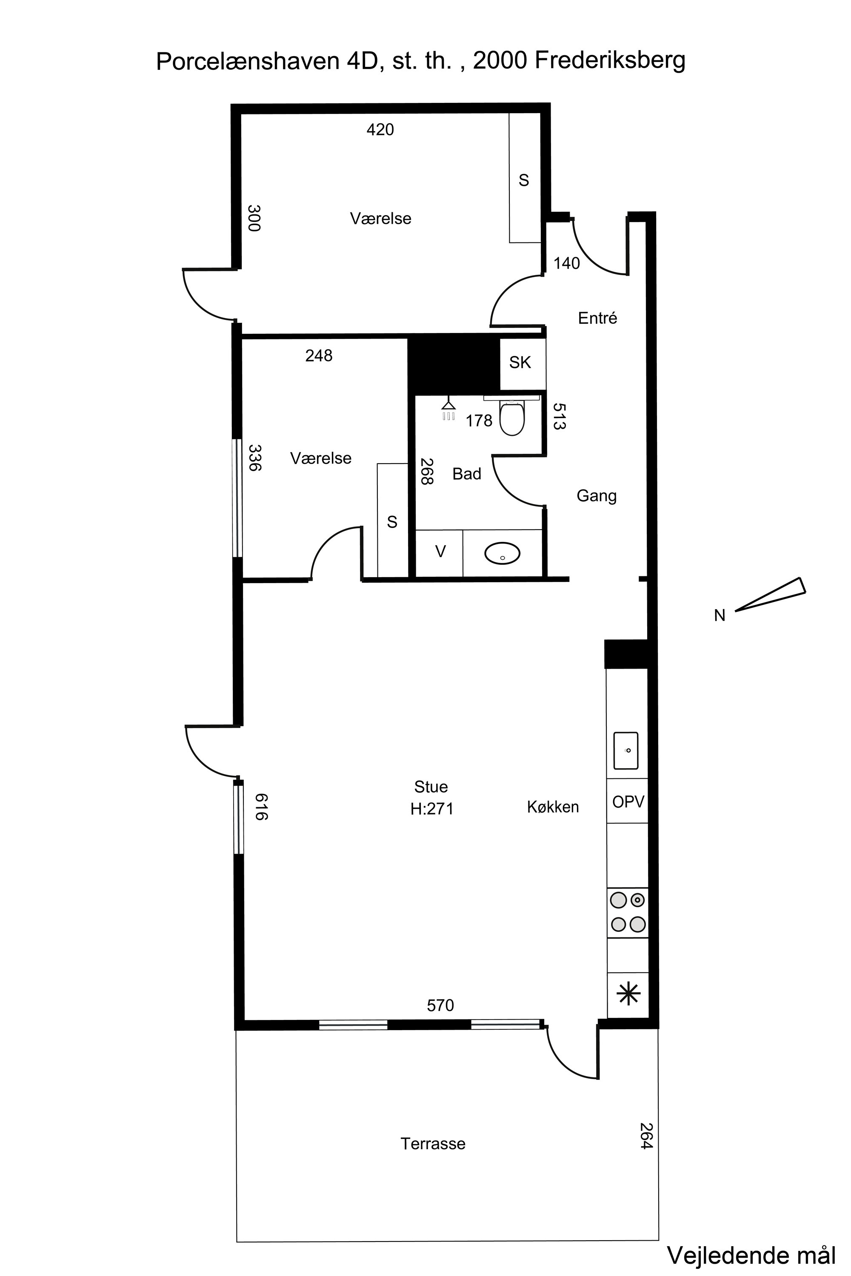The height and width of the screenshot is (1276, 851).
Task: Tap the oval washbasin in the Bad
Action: click(502, 553)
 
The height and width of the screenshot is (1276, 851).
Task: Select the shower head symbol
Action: click(448, 410)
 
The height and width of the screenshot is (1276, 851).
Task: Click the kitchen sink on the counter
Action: click(626, 751)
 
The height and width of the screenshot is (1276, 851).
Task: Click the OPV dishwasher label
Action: click(628, 801)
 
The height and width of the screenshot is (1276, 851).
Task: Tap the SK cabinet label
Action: click(520, 362)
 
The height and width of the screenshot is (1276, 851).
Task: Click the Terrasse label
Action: click(433, 1144)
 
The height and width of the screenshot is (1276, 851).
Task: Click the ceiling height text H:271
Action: click(431, 809)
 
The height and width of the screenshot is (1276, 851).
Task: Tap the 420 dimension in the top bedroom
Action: click(380, 130)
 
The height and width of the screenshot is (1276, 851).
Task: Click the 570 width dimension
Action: click(440, 1006)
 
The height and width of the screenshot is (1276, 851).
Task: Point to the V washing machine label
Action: click(441, 552)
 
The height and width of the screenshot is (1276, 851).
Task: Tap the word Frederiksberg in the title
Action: click(610, 61)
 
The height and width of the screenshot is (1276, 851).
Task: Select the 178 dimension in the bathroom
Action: click(479, 421)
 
